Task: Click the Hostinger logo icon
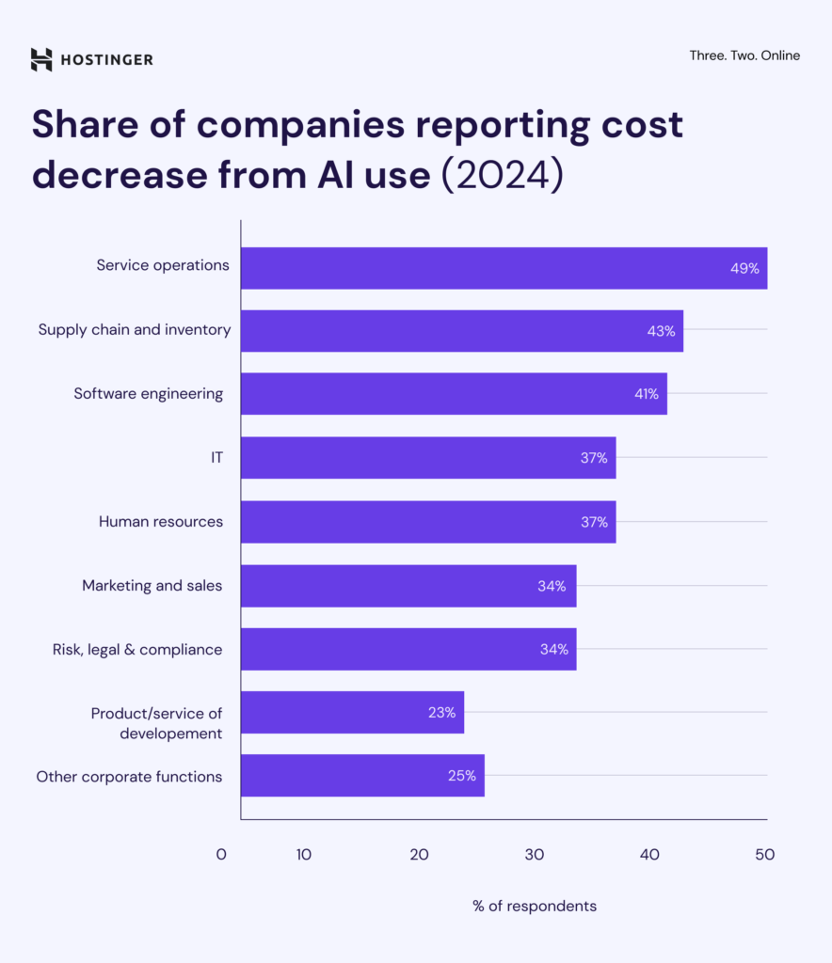pyautogui.click(x=41, y=59)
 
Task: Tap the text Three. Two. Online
pyautogui.click(x=744, y=55)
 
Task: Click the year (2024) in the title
pyautogui.click(x=503, y=175)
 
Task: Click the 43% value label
pyautogui.click(x=661, y=331)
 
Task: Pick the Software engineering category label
pyautogui.click(x=149, y=393)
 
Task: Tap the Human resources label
pyautogui.click(x=161, y=521)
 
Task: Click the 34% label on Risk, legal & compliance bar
pyautogui.click(x=553, y=650)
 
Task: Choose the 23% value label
pyautogui.click(x=441, y=713)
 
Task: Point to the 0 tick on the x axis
pyautogui.click(x=221, y=855)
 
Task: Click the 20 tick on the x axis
pyautogui.click(x=420, y=855)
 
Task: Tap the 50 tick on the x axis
pyautogui.click(x=764, y=855)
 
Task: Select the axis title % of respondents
pyautogui.click(x=535, y=907)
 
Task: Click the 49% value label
pyautogui.click(x=744, y=268)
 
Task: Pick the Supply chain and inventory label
pyautogui.click(x=135, y=329)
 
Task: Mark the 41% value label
pyautogui.click(x=646, y=394)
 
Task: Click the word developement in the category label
pyautogui.click(x=171, y=734)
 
